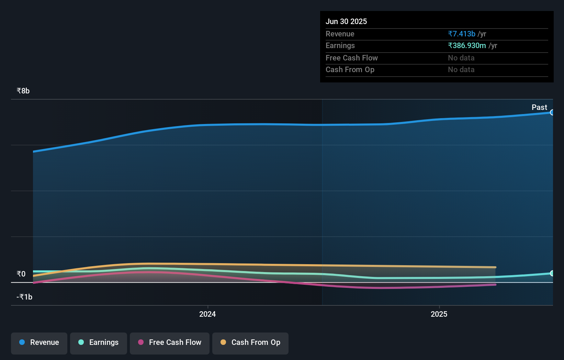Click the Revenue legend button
coord(39,343)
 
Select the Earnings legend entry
coord(99,343)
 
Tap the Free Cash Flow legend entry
coord(170,343)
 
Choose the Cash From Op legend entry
coord(250,343)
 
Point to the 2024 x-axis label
coord(207,314)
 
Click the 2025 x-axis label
coord(439,314)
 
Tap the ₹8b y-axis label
coord(23,91)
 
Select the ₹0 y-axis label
coord(21,274)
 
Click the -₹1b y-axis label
coord(24,297)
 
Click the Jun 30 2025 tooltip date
coord(346,22)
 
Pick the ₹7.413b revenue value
coord(462,34)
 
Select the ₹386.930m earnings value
coord(467,46)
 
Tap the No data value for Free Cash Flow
coord(461,58)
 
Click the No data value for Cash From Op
coord(461,70)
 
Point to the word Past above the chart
coord(539,108)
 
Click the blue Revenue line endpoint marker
coord(552,112)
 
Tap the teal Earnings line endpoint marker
coord(552,273)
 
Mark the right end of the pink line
coord(495,284)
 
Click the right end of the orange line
coord(495,267)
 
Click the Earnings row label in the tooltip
coord(340,46)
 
